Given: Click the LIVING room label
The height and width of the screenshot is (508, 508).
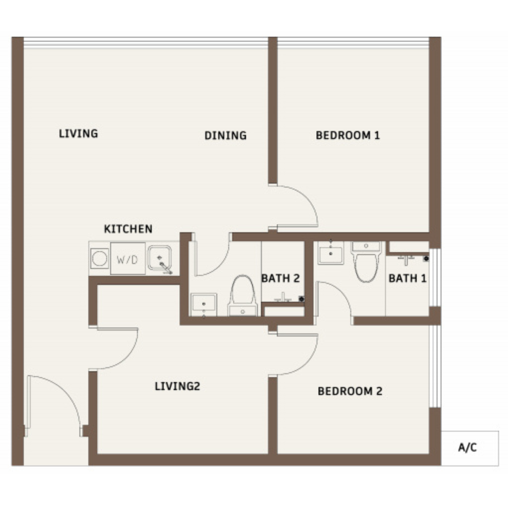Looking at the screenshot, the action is coord(78,134).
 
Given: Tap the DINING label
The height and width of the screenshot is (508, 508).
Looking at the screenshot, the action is coord(226,135).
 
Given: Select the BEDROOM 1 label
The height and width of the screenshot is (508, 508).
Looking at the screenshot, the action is coord(348,135).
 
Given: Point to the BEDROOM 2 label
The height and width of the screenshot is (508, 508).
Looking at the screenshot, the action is coord(350,391).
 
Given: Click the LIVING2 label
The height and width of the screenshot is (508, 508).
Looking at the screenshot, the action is coord(178,386).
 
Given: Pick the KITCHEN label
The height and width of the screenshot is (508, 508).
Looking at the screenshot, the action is coord(128,229).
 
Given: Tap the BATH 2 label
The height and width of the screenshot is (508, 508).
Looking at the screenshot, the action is coord(281,278).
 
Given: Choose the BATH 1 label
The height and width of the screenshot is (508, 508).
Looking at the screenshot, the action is coord(408,278).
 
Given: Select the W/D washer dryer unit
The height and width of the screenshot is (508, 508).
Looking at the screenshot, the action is coord(128,259).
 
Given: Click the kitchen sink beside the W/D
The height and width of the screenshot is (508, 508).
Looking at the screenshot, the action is coord(159,258).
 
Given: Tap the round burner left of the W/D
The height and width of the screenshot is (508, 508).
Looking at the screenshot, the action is coord(100,259).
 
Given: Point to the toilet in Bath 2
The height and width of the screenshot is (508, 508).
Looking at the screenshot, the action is coord(242,296).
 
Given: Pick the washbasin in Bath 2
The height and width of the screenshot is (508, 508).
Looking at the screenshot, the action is coord(204,305).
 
